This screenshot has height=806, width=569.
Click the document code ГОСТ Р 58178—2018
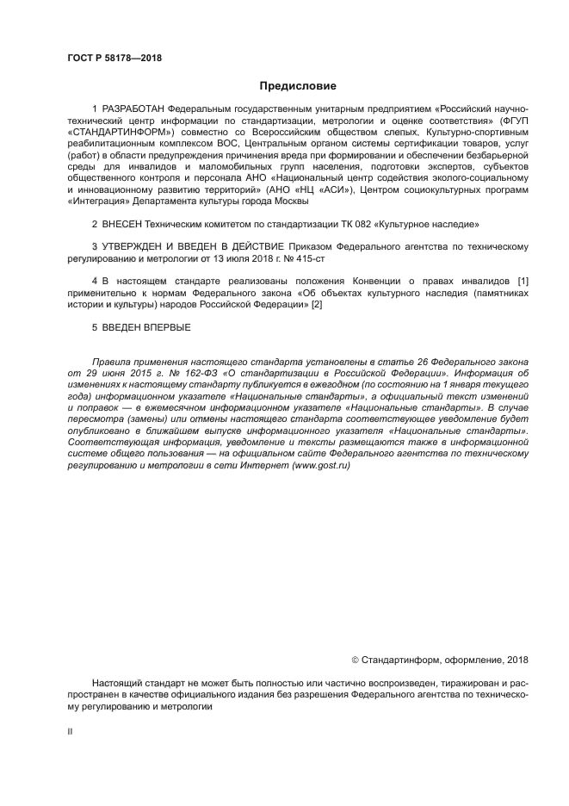(x=114, y=59)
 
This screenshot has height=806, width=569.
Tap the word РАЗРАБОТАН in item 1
(x=133, y=109)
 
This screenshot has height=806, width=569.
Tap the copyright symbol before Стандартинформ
(x=356, y=660)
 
